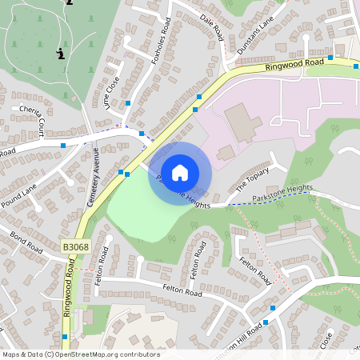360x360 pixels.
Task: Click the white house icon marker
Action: [180, 172]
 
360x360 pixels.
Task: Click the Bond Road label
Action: [25, 242]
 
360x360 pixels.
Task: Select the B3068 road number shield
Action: [75, 248]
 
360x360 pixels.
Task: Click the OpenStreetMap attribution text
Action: [81, 354]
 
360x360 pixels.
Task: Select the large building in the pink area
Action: [242, 122]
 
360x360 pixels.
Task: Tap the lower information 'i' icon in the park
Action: [61, 54]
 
